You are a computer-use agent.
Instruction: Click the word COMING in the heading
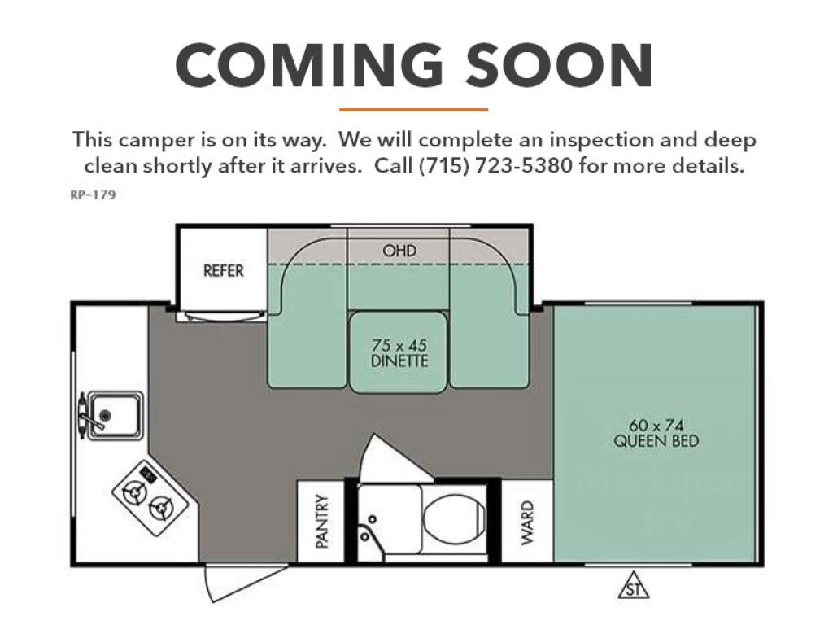(309, 65)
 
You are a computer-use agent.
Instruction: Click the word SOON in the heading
(560, 65)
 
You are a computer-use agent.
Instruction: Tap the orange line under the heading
(413, 110)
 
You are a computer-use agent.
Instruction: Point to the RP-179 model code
(93, 194)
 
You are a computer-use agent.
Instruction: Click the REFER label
(223, 270)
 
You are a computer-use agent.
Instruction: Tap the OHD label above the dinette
(399, 251)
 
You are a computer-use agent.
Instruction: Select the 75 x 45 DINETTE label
(399, 353)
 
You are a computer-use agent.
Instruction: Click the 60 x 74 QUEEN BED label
(656, 433)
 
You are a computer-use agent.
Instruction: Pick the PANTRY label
(322, 521)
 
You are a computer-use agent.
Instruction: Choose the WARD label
(526, 522)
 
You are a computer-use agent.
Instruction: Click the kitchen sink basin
(116, 416)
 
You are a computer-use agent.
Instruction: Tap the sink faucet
(88, 414)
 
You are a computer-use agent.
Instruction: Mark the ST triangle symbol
(633, 586)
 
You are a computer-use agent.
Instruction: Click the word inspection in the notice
(601, 140)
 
